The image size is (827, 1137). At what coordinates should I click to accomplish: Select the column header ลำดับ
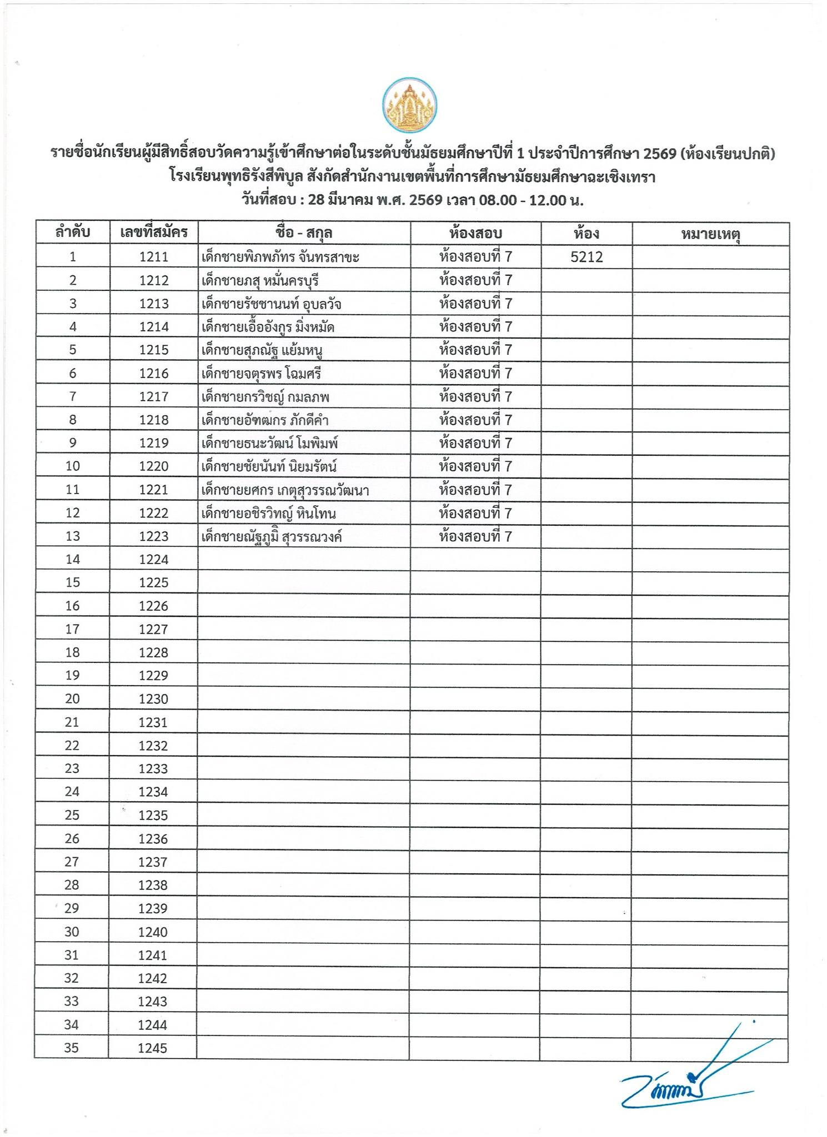pos(72,233)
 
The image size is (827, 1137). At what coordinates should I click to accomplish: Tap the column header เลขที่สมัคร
pos(153,233)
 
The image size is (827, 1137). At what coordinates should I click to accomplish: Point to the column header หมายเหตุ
pos(710,234)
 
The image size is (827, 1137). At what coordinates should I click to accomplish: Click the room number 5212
pos(587,257)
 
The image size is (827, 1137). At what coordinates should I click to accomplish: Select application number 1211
pos(153,257)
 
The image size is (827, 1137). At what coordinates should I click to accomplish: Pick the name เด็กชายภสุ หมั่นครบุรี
pos(260,281)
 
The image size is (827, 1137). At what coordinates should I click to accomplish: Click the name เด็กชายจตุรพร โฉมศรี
pos(261,374)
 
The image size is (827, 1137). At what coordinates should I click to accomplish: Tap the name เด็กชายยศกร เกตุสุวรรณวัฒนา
pos(285,490)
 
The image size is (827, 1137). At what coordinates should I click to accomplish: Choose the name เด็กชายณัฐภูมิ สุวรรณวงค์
pos(271,537)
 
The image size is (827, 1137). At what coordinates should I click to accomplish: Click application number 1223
pos(153,536)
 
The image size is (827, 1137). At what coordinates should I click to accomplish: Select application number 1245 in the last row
pos(153,1049)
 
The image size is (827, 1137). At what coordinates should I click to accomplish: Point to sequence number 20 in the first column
pos(72,699)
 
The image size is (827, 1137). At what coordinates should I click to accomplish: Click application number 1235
pos(153,816)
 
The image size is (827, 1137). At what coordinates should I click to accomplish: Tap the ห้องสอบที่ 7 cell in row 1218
pos(475,420)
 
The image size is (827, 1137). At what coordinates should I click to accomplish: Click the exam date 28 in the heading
pos(315,200)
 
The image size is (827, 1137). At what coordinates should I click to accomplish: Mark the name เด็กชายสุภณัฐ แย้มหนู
pos(262,350)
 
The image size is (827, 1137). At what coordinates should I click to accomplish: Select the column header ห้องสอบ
pos(475,233)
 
